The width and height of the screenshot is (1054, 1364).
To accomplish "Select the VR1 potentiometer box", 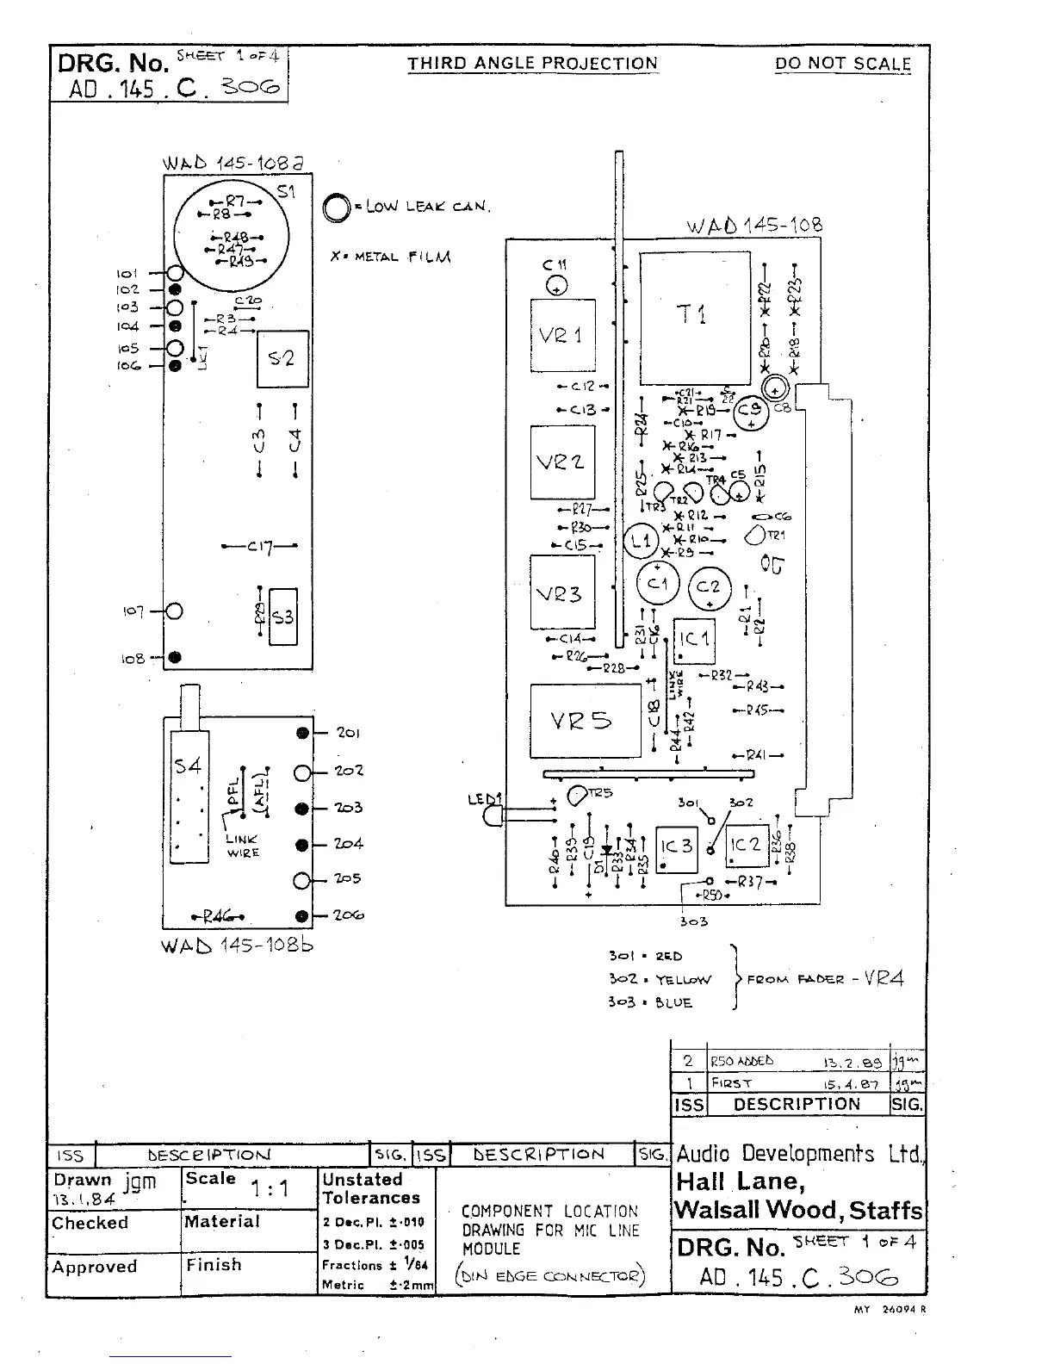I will click(562, 336).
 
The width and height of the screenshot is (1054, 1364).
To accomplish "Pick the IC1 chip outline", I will click(694, 640).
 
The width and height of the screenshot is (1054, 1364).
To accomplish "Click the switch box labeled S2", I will click(282, 359).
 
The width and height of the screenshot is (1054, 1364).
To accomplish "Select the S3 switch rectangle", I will click(283, 617).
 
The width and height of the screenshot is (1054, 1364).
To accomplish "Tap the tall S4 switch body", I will click(189, 797).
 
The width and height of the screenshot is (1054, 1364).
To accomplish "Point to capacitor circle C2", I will click(710, 588).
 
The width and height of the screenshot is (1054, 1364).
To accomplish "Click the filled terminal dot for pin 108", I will click(175, 657).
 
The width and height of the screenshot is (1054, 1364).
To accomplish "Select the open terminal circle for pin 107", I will click(175, 611).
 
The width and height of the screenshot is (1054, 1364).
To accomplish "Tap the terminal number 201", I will click(348, 733).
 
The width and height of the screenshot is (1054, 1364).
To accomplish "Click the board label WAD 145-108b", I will click(238, 945).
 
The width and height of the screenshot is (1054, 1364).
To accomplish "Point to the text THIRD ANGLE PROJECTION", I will click(532, 64).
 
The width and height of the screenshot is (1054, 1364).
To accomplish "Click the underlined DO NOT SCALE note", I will click(842, 64).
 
